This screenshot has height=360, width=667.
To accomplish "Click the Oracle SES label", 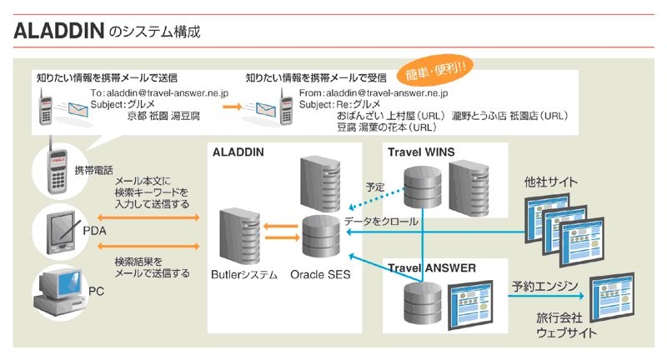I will [320, 273].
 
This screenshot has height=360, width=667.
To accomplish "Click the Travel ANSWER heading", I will [432, 268].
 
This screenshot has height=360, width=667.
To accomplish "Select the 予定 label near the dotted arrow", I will [375, 187].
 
